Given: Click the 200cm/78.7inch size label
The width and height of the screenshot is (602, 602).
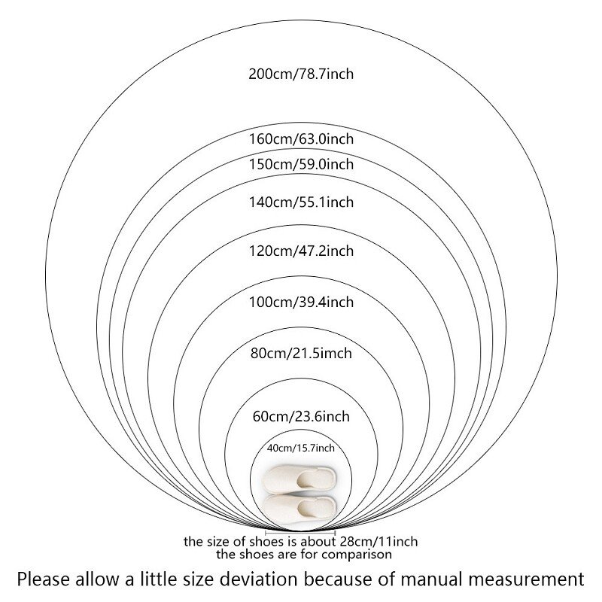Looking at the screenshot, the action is [x=301, y=73].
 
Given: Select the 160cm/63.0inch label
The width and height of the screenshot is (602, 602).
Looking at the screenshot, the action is [x=301, y=138].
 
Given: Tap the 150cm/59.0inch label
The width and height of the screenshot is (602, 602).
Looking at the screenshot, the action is [x=301, y=164].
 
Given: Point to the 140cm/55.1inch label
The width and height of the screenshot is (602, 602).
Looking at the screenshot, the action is [x=301, y=202].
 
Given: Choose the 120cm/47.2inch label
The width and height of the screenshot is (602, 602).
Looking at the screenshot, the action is [x=301, y=251].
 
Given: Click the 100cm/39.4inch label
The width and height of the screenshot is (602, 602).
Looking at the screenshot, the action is [x=301, y=303].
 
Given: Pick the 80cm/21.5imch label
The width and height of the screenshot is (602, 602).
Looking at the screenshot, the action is [x=301, y=353].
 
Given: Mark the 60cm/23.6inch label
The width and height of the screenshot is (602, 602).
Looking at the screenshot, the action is [x=301, y=416].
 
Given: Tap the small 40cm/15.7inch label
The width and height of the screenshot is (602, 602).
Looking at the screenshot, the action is [x=301, y=448].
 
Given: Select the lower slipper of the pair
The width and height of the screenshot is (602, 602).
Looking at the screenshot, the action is [x=299, y=509].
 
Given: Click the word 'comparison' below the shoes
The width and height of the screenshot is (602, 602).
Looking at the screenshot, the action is [x=357, y=555].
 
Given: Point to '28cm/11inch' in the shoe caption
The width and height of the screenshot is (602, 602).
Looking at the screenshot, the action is [x=379, y=542].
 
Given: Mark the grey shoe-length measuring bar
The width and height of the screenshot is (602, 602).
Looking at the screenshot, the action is [x=300, y=533].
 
